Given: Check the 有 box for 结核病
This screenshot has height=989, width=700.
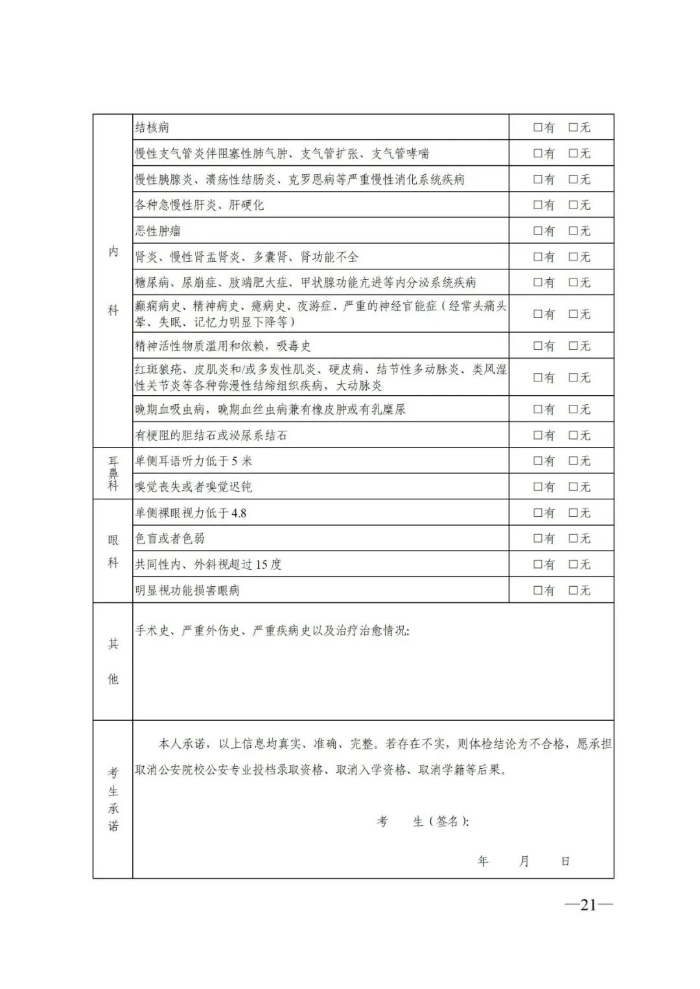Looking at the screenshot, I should (x=537, y=128).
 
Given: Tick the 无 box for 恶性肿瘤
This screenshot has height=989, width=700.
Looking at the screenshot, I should (x=573, y=231).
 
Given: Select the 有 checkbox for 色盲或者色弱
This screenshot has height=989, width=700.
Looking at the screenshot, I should (x=537, y=539).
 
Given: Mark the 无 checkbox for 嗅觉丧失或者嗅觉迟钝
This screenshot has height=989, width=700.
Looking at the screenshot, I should (x=573, y=487).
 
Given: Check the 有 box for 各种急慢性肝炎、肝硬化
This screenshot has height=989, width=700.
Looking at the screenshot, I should (x=537, y=205).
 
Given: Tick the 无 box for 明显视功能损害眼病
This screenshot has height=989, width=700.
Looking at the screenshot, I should (x=573, y=591).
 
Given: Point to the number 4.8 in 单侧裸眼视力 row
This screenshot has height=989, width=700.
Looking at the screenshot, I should (x=239, y=513).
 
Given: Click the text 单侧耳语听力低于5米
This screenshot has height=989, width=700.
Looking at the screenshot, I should (x=193, y=461).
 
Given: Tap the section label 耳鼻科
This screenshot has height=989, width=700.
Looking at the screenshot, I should (x=113, y=473).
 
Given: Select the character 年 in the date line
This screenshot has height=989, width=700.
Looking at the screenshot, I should (x=483, y=861).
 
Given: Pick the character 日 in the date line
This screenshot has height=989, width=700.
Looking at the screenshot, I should (x=565, y=861).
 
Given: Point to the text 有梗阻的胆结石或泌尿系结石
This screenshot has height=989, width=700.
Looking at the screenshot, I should (x=211, y=435).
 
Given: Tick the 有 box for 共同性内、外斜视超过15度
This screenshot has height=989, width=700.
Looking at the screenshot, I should (x=537, y=565).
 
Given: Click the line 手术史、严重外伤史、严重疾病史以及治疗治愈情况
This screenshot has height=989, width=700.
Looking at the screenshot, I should (x=272, y=630).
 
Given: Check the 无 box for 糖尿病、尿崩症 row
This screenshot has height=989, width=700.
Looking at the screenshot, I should (x=573, y=283).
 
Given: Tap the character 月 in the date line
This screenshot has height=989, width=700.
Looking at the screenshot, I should (x=524, y=861).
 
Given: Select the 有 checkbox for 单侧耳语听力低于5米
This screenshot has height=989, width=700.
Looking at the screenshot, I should (x=537, y=461).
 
